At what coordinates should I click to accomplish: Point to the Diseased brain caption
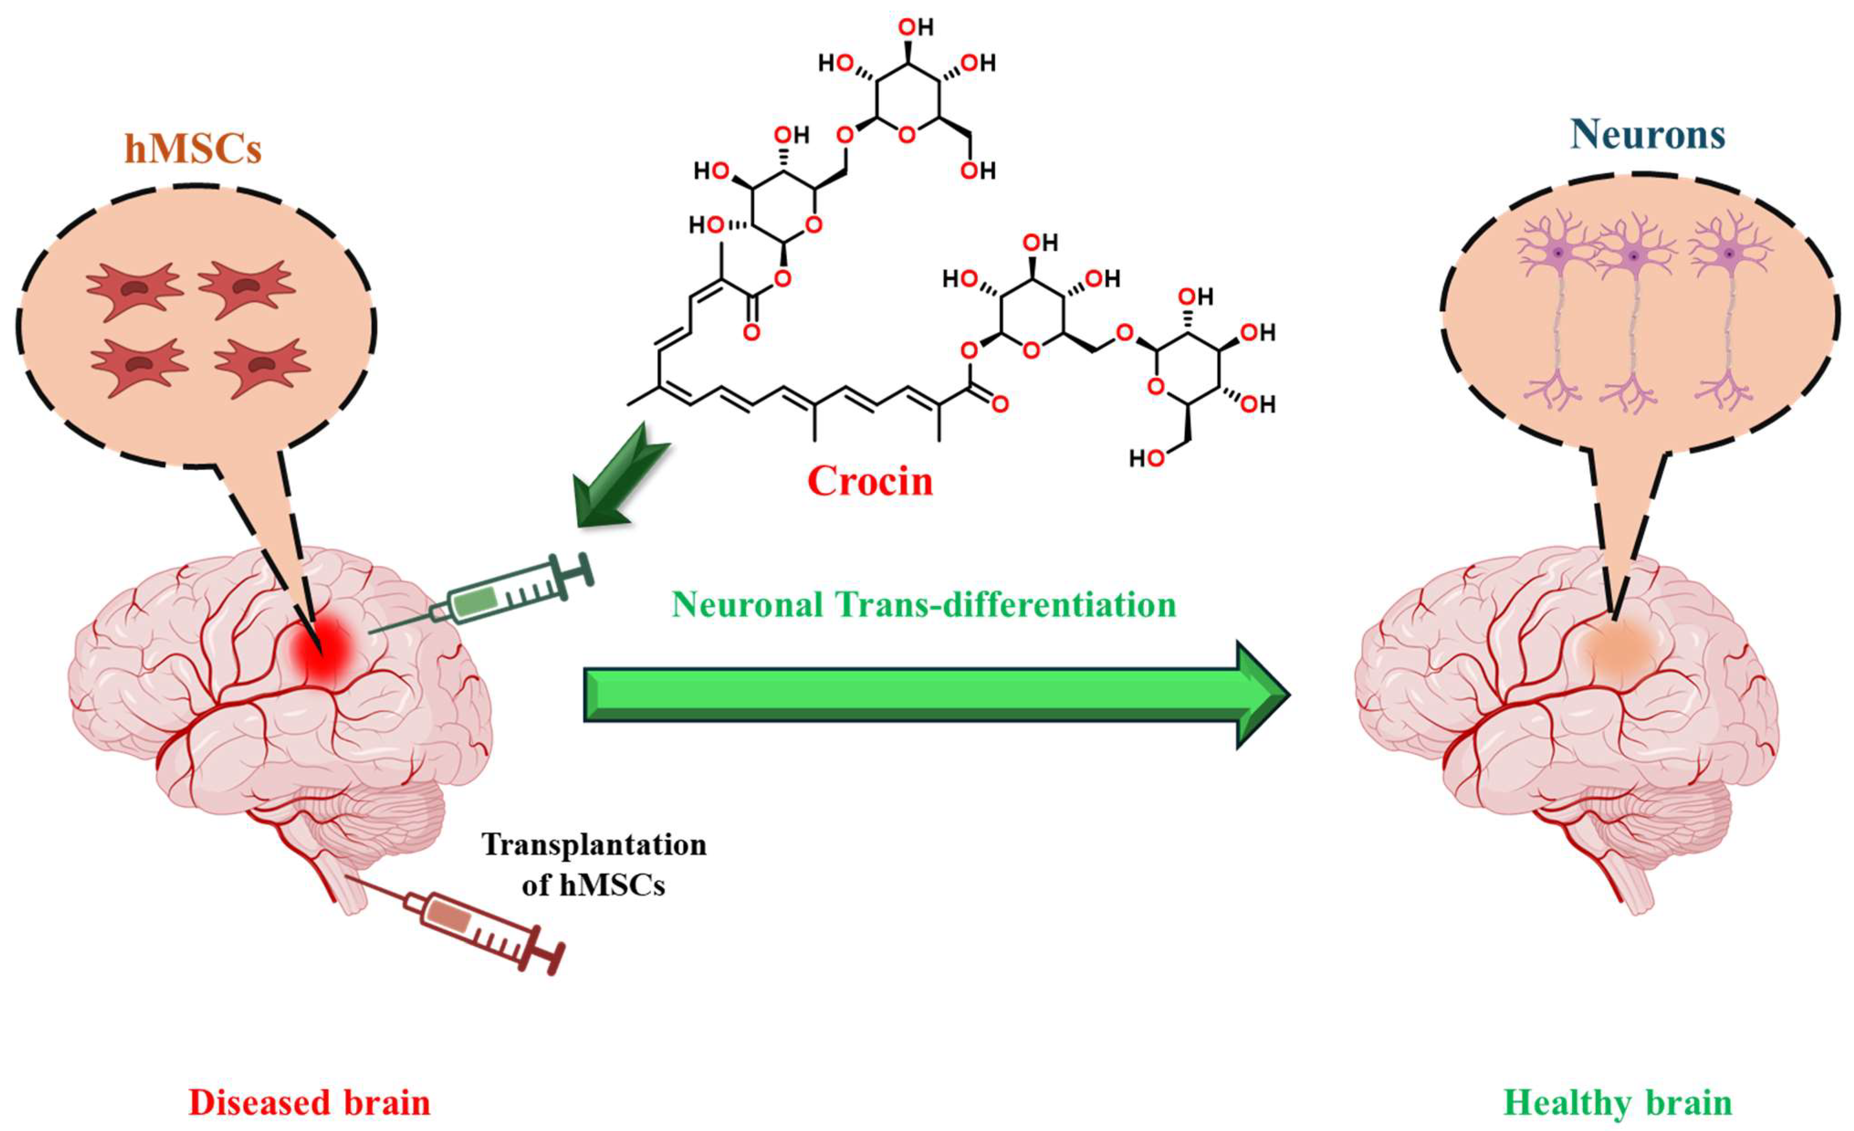pyautogui.click(x=309, y=1102)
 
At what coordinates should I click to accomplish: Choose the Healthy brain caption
pyautogui.click(x=1618, y=1102)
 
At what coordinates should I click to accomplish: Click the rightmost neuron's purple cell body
pyautogui.click(x=1729, y=254)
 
